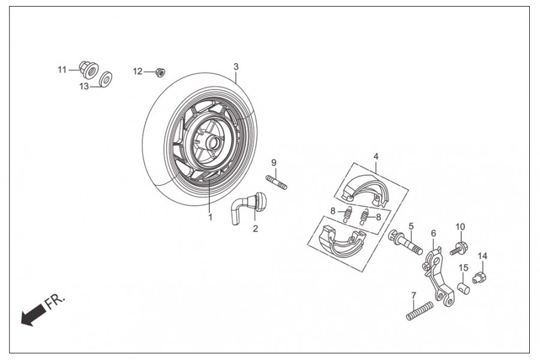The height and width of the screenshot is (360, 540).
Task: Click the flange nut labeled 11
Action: pyautogui.click(x=89, y=70)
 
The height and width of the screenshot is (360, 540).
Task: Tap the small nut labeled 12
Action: pyautogui.click(x=160, y=72)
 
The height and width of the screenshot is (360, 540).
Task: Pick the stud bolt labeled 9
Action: pyautogui.click(x=277, y=181)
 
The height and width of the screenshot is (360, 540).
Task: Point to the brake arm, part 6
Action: pyautogui.click(x=437, y=274)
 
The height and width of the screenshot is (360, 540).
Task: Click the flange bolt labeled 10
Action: pyautogui.click(x=458, y=247)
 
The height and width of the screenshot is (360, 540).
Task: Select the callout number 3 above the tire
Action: pyautogui.click(x=236, y=66)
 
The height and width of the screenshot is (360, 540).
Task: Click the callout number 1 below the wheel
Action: pyautogui.click(x=211, y=217)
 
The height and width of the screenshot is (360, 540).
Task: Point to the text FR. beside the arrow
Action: pyautogui.click(x=58, y=299)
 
